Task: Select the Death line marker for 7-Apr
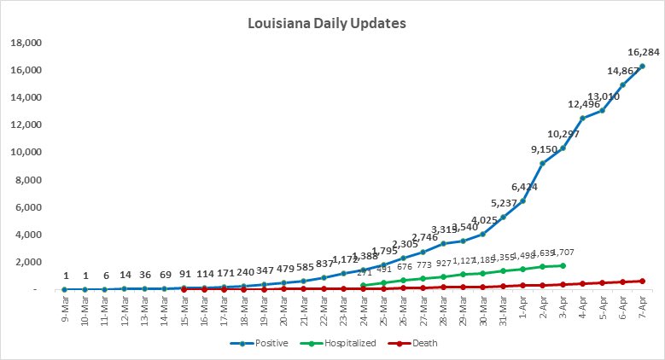click(642, 281)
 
